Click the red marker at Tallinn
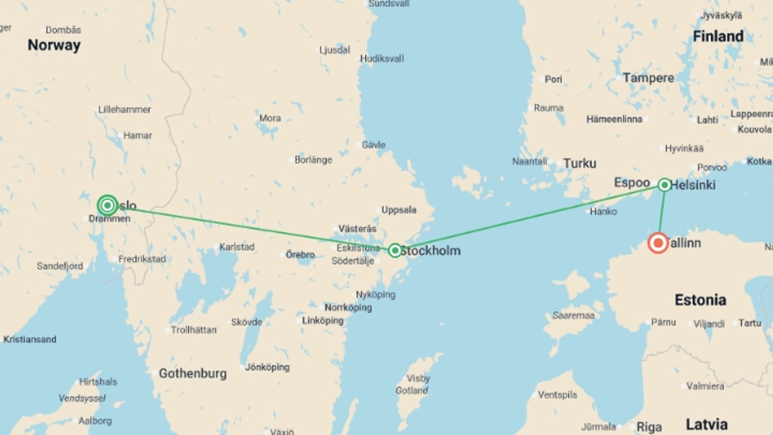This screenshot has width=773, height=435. click(658, 243)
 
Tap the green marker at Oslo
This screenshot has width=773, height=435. click(107, 205)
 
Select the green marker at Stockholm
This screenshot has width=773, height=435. click(395, 250)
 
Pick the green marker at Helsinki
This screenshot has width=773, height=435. click(664, 185)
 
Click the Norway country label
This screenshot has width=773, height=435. click(54, 45)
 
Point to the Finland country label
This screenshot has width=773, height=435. click(718, 36)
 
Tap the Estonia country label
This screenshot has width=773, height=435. click(700, 300)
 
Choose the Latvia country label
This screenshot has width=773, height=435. click(707, 425)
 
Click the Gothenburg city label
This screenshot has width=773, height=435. click(192, 373)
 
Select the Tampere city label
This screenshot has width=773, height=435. click(648, 78)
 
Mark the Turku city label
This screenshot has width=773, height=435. click(579, 163)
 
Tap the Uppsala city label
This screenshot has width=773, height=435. click(399, 210)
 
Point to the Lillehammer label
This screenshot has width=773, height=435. click(124, 110)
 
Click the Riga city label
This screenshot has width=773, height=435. click(649, 427)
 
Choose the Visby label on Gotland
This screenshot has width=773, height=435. click(418, 378)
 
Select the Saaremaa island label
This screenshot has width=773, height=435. click(573, 315)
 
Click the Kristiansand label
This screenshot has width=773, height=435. click(30, 339)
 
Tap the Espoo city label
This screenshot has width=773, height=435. click(632, 182)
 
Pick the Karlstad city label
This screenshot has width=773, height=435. click(237, 247)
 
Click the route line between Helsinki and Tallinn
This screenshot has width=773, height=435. click(661, 209)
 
